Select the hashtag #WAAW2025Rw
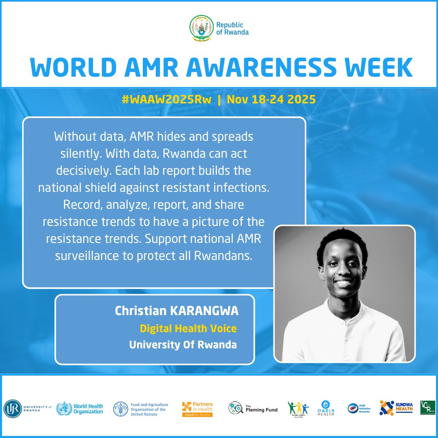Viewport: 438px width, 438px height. (x=167, y=100)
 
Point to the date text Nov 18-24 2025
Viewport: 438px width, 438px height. (x=271, y=100)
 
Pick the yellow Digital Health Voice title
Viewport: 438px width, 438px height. (x=188, y=328)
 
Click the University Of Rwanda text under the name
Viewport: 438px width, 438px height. (x=183, y=345)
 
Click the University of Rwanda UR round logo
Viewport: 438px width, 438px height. (x=13, y=408)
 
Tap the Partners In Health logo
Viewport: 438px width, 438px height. (x=198, y=409)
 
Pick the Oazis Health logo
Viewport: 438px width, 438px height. (x=326, y=408)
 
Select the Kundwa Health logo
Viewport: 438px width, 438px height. (x=396, y=408)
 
